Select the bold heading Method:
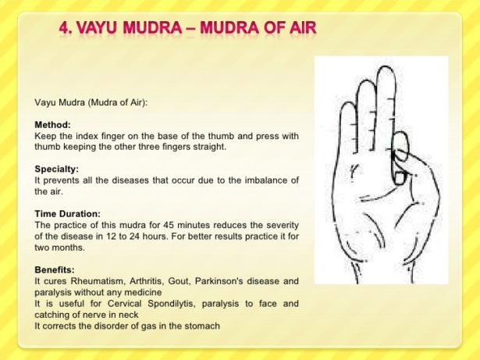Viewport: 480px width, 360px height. [x=52, y=125]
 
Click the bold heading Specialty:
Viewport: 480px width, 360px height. [x=57, y=169]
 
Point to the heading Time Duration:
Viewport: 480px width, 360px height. [x=67, y=213]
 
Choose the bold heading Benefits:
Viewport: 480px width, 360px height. [x=55, y=269]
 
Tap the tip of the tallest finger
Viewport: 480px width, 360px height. [x=386, y=67]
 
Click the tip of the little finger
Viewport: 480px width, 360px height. [x=348, y=103]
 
